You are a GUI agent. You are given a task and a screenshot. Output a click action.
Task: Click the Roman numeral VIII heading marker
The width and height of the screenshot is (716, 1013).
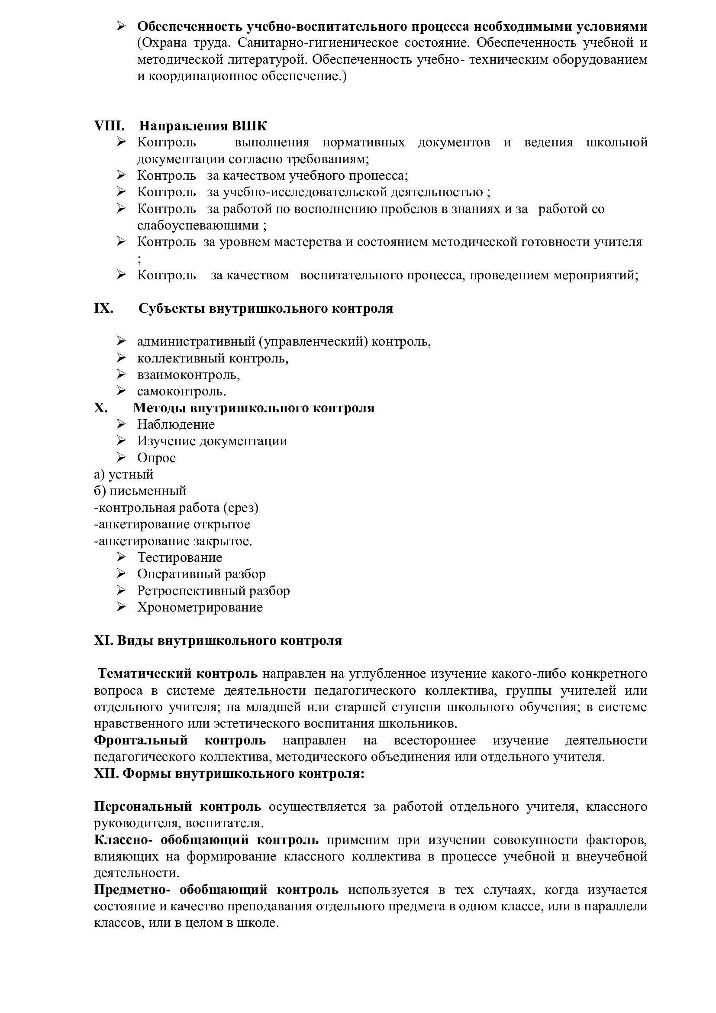[109, 126]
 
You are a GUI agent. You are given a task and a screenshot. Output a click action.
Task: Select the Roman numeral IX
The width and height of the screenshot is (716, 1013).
[103, 308]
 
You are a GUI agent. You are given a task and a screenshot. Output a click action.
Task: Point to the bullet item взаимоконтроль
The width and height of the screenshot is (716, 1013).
[188, 375]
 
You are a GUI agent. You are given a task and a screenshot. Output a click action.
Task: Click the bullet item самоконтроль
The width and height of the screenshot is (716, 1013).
[181, 392]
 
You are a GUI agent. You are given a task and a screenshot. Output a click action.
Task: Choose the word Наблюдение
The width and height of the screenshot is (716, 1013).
[176, 424]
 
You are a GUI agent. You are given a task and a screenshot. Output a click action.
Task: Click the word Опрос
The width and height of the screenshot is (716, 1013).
[157, 458]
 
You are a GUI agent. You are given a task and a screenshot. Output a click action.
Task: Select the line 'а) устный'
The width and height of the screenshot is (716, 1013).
[124, 475]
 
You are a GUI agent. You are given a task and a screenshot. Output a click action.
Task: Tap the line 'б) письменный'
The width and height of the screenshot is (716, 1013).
[140, 491]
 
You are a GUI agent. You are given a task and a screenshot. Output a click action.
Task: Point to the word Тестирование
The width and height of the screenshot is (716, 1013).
[180, 558]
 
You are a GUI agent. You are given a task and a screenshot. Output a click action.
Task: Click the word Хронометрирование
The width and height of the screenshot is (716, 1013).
[200, 608]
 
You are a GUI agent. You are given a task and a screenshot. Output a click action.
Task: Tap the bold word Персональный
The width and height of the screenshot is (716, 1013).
[143, 806]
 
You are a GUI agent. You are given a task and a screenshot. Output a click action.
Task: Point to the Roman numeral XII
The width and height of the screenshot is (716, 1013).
[106, 774]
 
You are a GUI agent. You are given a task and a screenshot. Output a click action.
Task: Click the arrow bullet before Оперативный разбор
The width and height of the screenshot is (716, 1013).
[121, 574]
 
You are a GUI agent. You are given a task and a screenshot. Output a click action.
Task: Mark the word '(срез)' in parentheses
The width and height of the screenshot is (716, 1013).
[241, 508]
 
